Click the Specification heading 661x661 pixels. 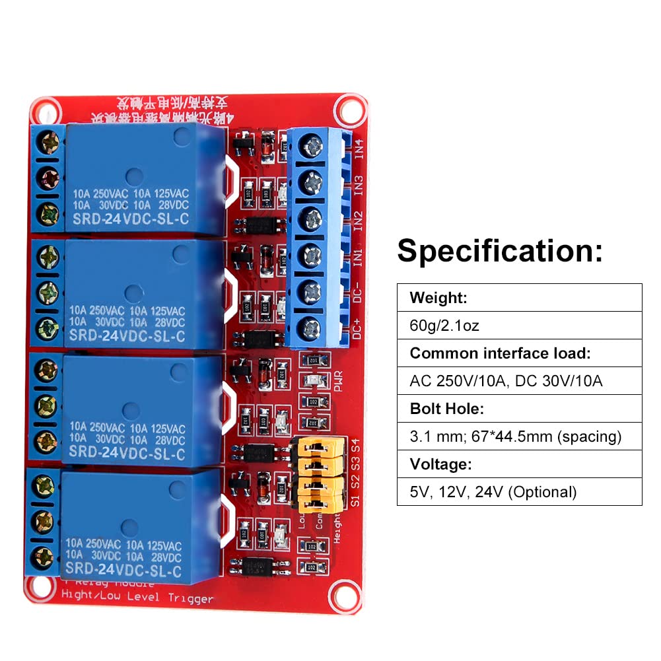[500, 251]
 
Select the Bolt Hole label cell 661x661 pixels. [446, 409]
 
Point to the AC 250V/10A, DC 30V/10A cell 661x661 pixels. [506, 381]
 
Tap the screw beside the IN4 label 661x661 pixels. [309, 146]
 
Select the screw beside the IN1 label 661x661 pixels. [309, 254]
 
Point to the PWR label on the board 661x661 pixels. [339, 384]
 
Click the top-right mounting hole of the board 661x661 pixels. [345, 108]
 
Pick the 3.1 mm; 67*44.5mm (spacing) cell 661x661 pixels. [516, 436]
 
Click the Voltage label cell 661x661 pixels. [440, 464]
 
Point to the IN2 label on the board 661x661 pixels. [357, 219]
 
